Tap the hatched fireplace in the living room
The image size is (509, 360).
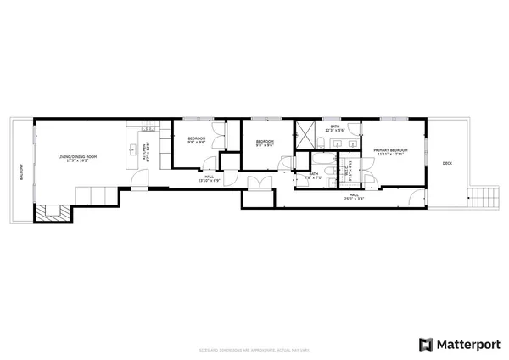tap(49, 213)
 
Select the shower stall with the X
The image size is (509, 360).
tap(305, 135)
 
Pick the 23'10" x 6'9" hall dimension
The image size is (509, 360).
tap(209, 181)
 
